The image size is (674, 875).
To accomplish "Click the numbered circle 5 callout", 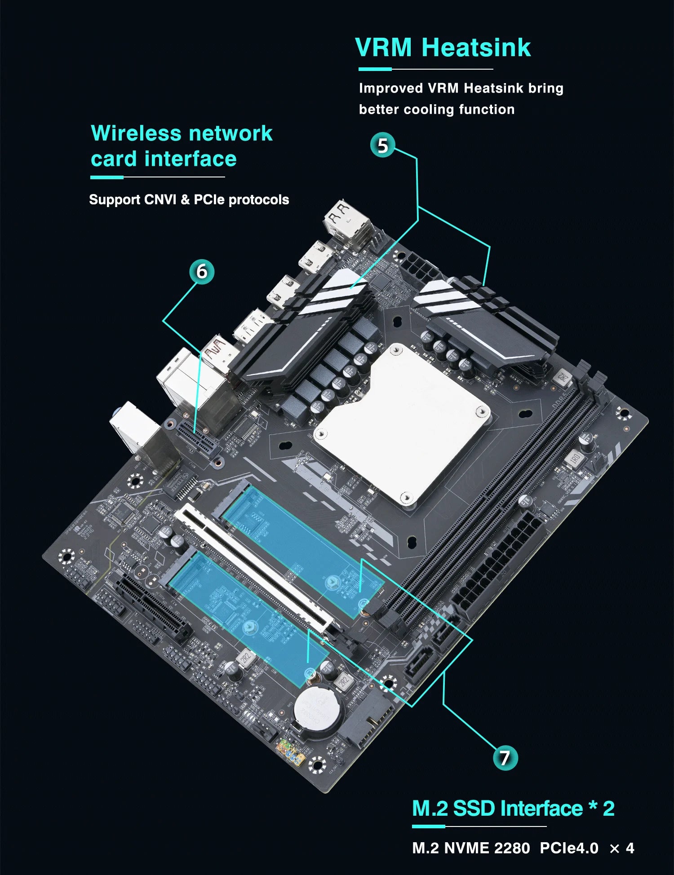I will [382, 145].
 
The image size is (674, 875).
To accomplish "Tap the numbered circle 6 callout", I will [202, 271].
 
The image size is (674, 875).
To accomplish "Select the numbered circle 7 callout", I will [505, 758].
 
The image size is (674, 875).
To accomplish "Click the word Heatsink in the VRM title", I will [476, 48].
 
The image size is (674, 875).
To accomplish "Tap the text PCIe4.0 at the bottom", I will [569, 848].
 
